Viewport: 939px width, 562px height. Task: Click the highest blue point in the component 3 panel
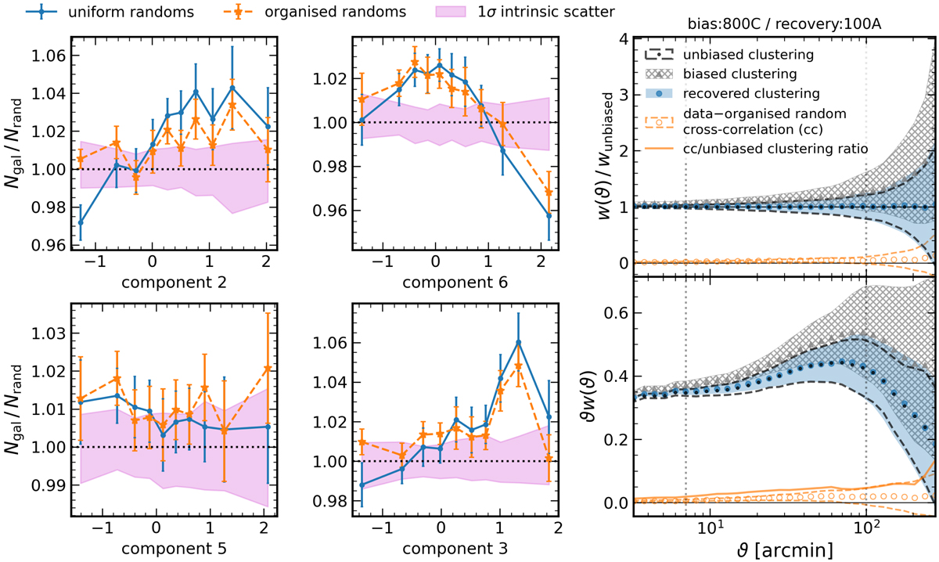pyautogui.click(x=518, y=343)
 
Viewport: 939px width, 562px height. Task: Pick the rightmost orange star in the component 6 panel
pyautogui.click(x=549, y=193)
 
